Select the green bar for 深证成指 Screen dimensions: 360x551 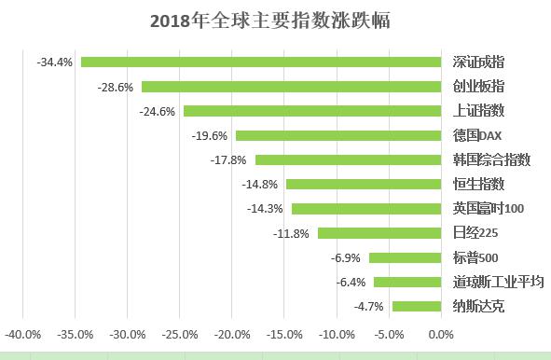click(x=260, y=62)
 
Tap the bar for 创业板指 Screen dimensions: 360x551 click(x=291, y=87)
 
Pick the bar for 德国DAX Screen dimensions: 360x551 click(x=337, y=135)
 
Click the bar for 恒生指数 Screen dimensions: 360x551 click(x=363, y=184)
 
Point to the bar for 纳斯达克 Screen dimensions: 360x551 click(x=416, y=306)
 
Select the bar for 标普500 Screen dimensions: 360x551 click(x=405, y=257)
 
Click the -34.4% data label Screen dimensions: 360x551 click(x=55, y=62)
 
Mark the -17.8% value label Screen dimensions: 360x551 click(x=229, y=159)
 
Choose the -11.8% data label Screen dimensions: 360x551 click(x=292, y=233)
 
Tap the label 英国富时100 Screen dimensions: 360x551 click(x=489, y=209)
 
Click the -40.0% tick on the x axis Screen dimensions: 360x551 click(x=23, y=333)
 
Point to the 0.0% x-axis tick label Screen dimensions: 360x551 click(x=441, y=333)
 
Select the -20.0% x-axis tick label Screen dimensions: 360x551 click(x=232, y=333)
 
